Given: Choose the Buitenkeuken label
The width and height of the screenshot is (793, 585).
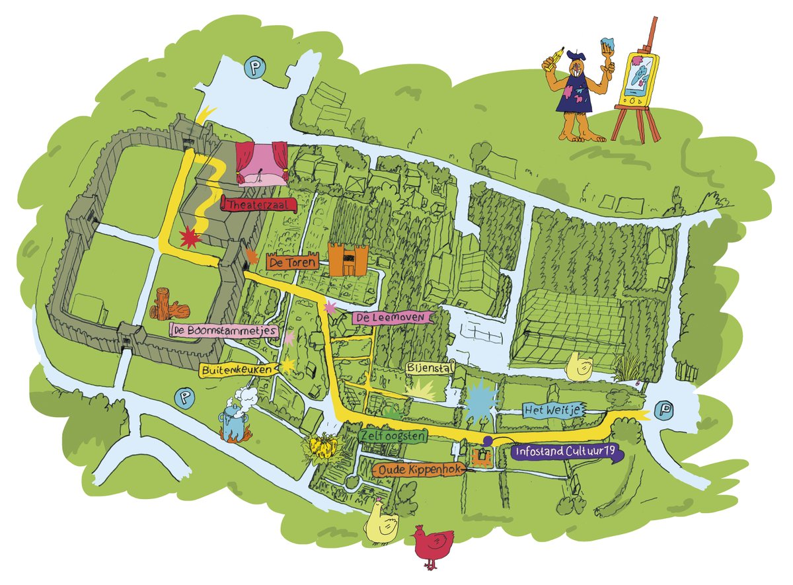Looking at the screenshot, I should click(x=237, y=371).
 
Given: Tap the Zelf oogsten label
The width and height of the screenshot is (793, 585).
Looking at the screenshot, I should click(x=393, y=436).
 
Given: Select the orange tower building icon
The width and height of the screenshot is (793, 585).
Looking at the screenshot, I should click(x=348, y=259).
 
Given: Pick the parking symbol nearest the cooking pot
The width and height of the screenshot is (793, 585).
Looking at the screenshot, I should click(x=182, y=397).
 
